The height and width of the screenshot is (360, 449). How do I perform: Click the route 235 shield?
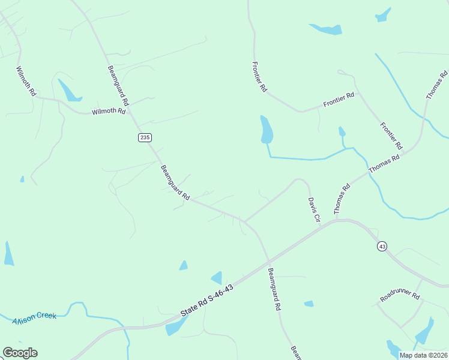pyautogui.click(x=144, y=137)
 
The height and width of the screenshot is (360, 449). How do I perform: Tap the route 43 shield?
pyautogui.click(x=382, y=246)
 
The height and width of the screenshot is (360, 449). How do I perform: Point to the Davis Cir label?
pyautogui.click(x=314, y=210)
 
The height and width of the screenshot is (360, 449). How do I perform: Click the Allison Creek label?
pyautogui.click(x=34, y=317)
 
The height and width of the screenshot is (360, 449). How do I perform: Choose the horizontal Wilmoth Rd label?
pyautogui.click(x=109, y=112)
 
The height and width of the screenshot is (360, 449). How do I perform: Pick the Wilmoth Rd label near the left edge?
pyautogui.click(x=27, y=82)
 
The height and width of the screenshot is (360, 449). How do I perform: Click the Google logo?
pyautogui.click(x=20, y=353)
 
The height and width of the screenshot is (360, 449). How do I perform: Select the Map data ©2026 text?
pyautogui.click(x=423, y=355)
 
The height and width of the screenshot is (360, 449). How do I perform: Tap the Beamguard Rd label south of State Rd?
pyautogui.click(x=274, y=289)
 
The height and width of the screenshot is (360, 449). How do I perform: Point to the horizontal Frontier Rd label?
pyautogui.click(x=339, y=100)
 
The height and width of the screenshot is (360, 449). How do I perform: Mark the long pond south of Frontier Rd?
pyautogui.click(x=266, y=130)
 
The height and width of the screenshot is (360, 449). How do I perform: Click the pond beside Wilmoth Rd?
pyautogui.click(x=68, y=91)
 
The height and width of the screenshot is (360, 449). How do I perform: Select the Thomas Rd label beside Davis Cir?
pyautogui.click(x=342, y=199)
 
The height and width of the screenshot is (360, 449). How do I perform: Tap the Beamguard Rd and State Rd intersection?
pyautogui.click(x=268, y=261)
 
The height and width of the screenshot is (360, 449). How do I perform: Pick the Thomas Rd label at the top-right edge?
pyautogui.click(x=436, y=85)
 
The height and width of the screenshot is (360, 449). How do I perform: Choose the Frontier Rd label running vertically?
pyautogui.click(x=259, y=77)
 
